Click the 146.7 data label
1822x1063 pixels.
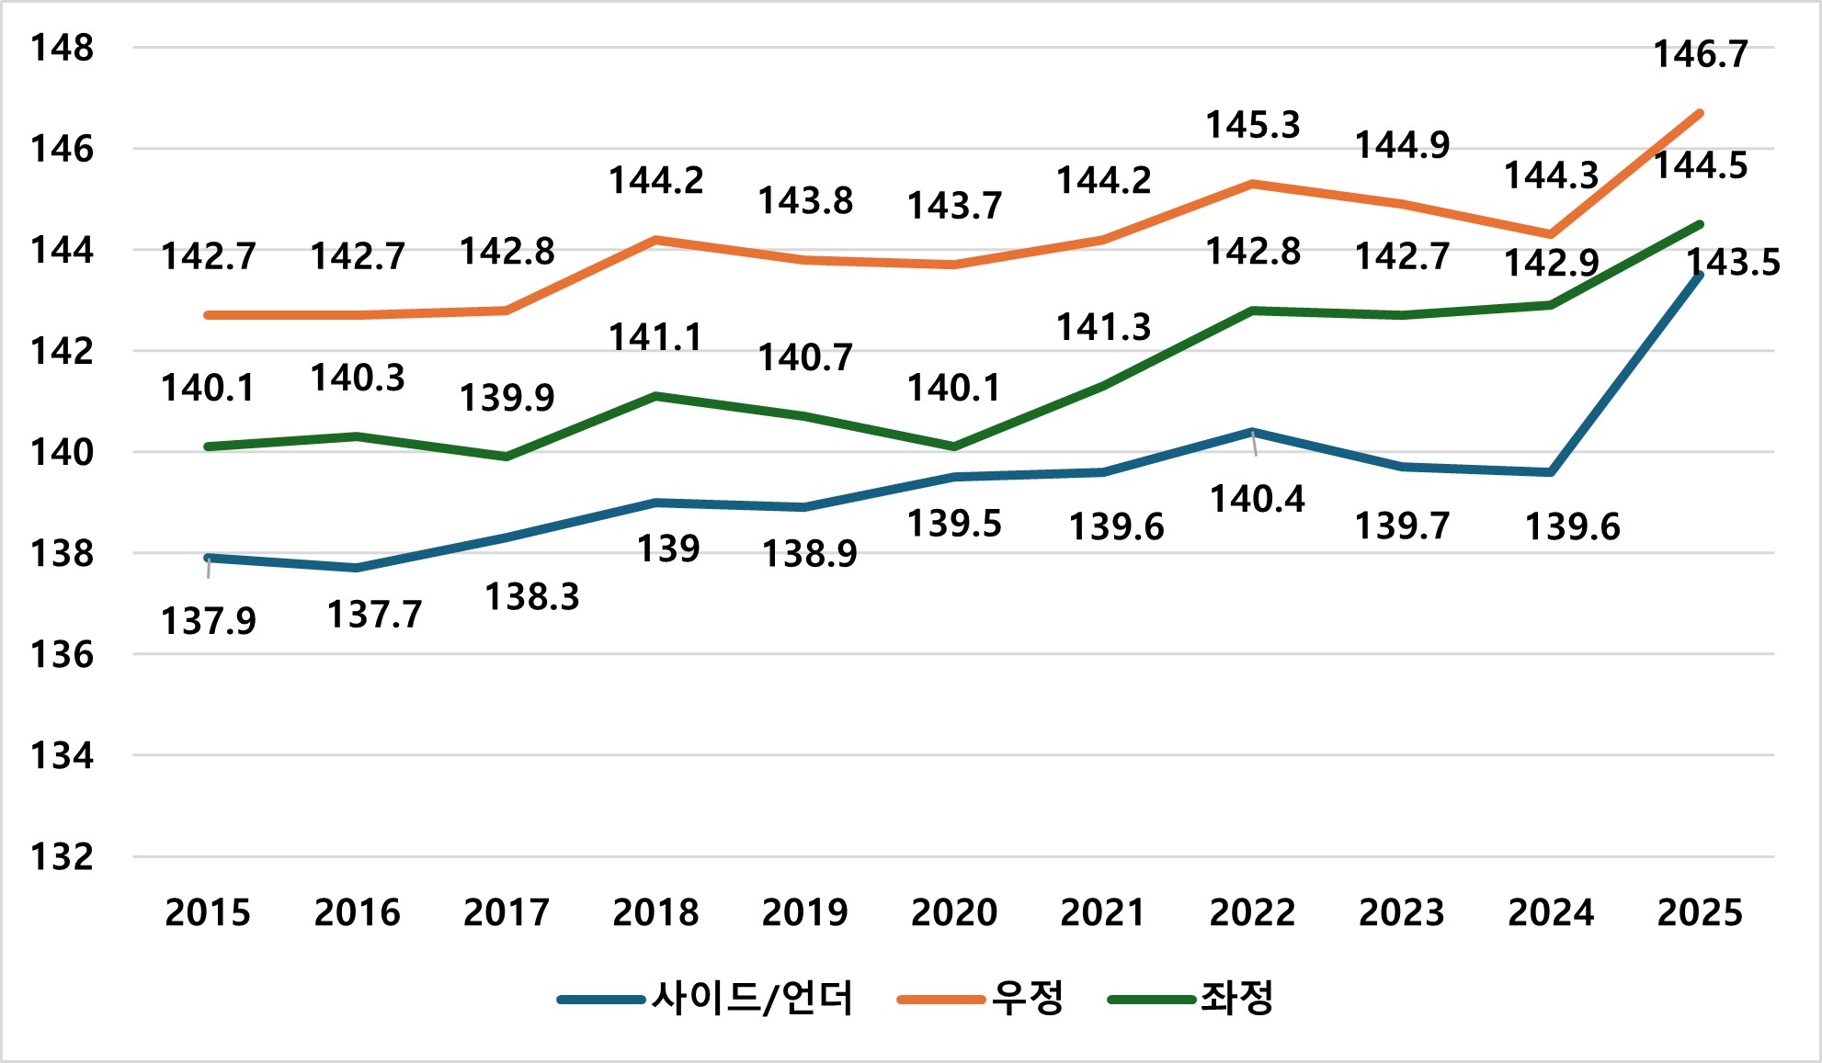tap(1700, 55)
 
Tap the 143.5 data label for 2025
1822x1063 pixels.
tap(1733, 263)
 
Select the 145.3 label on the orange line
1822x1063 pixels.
tap(1252, 125)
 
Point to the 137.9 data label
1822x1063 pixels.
tap(209, 621)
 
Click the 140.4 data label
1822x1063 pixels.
tap(1257, 499)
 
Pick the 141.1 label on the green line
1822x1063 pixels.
tap(655, 338)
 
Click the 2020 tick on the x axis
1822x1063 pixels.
tap(953, 912)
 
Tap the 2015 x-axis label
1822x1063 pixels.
tap(208, 912)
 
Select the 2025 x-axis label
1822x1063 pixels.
tap(1700, 912)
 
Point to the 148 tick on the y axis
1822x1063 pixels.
tap(63, 48)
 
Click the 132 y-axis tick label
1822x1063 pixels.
tap(63, 856)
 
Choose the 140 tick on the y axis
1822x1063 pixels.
tap(63, 452)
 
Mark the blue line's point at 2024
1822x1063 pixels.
tap(1551, 472)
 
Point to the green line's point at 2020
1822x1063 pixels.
tap(954, 447)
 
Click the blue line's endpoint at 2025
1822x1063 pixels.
tap(1700, 275)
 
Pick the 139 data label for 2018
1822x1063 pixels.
tap(668, 548)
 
